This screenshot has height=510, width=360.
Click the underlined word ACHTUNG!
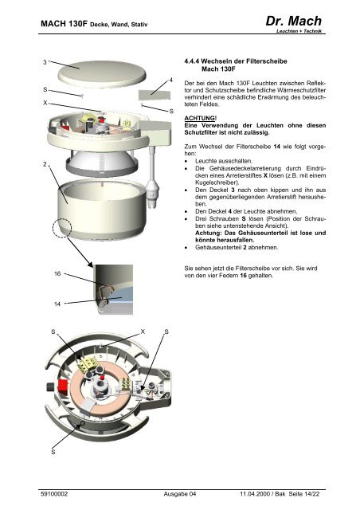click(x=201, y=118)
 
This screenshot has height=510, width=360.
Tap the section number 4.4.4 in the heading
click(x=191, y=61)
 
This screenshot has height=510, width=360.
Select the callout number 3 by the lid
click(x=45, y=62)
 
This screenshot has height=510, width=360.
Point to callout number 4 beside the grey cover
click(x=171, y=80)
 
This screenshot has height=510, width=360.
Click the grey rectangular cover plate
click(x=155, y=95)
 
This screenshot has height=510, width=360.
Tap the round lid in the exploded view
click(x=102, y=74)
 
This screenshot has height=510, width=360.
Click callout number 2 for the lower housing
click(x=45, y=164)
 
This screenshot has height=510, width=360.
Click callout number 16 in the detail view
click(x=57, y=273)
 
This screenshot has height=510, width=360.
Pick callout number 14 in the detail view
click(x=57, y=304)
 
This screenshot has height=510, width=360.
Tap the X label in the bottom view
click(x=143, y=331)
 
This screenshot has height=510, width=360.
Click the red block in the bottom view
click(x=63, y=386)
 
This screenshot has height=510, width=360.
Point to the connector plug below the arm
click(x=152, y=194)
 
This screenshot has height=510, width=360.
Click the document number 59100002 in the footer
click(x=54, y=494)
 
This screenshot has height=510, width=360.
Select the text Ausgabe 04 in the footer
click(x=180, y=494)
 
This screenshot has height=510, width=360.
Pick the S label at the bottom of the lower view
click(x=53, y=452)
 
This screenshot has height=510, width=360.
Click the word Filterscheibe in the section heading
click(x=267, y=61)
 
